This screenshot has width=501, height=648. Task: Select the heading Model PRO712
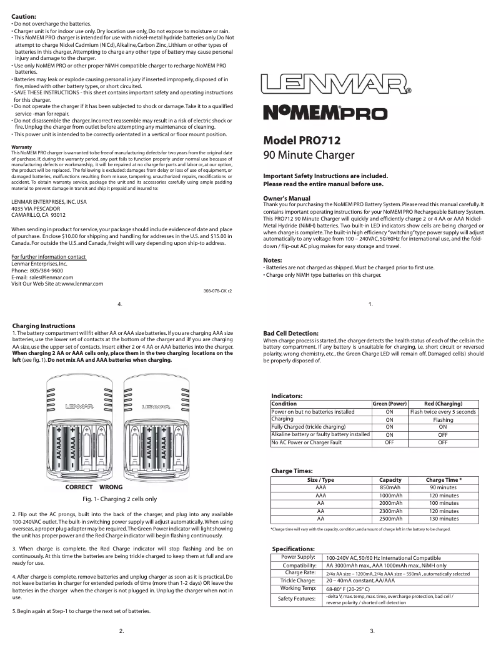pos(302,141)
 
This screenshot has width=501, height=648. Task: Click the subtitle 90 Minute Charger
pos(309,155)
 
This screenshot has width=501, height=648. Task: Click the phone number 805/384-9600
pos(47,271)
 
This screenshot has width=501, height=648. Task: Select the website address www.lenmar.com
pos(79,284)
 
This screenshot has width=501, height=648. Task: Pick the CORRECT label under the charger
pos(79,487)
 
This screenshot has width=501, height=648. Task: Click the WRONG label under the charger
pos(111,487)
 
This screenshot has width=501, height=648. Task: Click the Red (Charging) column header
pos(443,404)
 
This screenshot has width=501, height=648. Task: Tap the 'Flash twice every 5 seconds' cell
pos(443,412)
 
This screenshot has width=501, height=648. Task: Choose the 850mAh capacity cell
pos(390,487)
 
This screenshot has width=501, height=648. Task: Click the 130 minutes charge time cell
pos(443,519)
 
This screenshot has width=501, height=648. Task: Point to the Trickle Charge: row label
pos(297,581)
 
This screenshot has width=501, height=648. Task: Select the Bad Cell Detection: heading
pos(291,333)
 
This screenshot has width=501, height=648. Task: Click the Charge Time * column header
pos(443,480)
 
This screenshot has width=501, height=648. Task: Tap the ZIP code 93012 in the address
pos(58,214)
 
